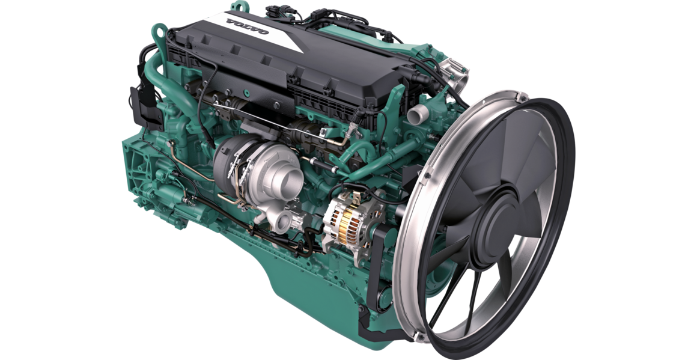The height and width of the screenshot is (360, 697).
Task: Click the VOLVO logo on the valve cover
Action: click(247, 26)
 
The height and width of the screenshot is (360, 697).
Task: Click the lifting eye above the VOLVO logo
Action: click(237, 6)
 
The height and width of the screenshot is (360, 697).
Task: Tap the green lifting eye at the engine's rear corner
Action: click(158, 32)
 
